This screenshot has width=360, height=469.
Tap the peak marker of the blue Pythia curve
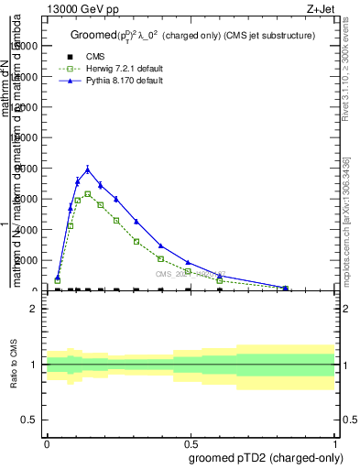click(88, 169)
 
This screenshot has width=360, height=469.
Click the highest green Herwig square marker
click(88, 194)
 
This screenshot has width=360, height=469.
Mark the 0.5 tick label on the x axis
click(191, 443)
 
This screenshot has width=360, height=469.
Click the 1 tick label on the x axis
click(335, 443)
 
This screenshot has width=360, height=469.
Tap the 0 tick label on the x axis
click(47, 443)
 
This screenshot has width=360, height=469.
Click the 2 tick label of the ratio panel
click(34, 309)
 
